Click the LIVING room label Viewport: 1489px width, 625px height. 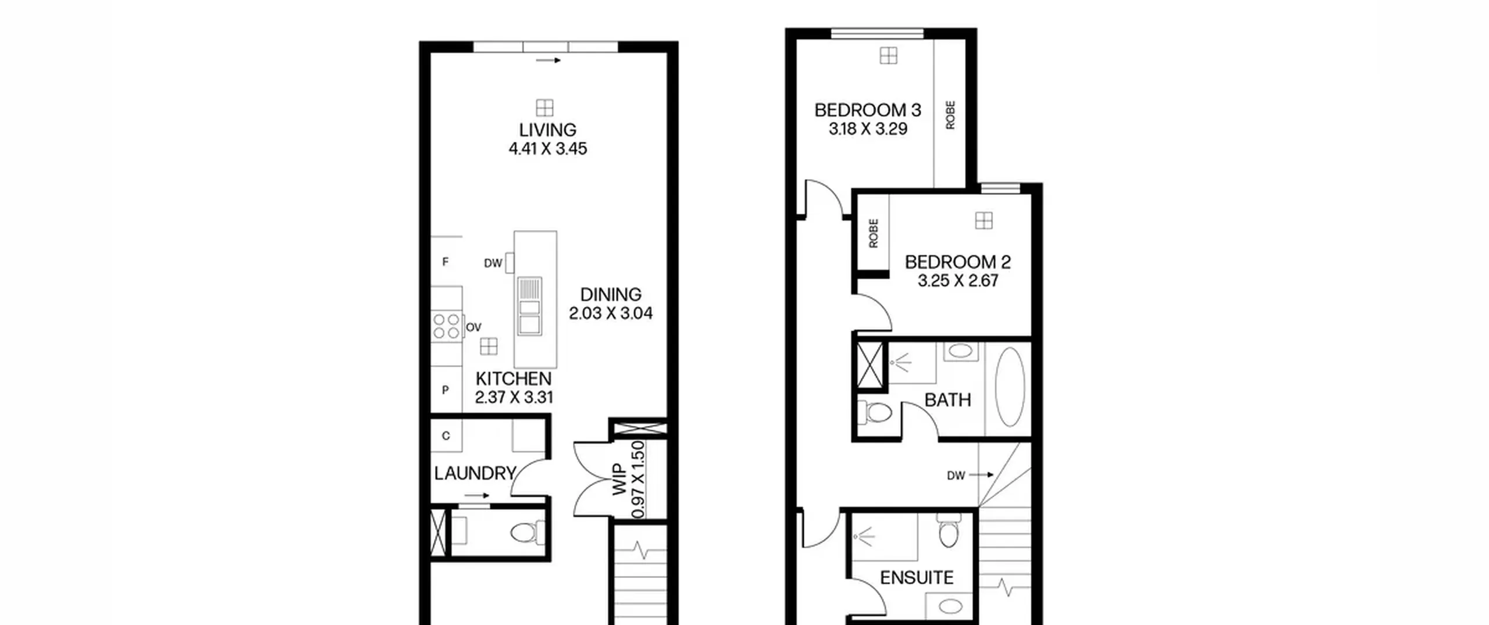point(547,130)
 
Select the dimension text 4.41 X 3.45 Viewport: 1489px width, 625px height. point(548,149)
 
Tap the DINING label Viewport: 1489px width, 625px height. point(611,294)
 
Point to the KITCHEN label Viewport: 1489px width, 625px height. point(513,379)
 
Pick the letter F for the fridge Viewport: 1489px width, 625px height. point(446,262)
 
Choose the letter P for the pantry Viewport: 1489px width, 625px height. point(446,390)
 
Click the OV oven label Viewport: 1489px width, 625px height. point(473,327)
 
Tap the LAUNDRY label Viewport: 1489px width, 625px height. point(475,473)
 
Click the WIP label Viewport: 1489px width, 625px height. point(619,479)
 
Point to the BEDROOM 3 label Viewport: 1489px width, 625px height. point(868,110)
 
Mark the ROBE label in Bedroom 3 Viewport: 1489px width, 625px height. point(950,115)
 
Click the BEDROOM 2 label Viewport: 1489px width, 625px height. point(958,262)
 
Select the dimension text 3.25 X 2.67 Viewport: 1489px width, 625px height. point(958,281)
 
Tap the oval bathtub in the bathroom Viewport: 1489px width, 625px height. point(1010,387)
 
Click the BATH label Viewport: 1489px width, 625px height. point(947,400)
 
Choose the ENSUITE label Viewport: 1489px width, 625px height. point(917,577)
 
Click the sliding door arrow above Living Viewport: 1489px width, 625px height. point(548,60)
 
